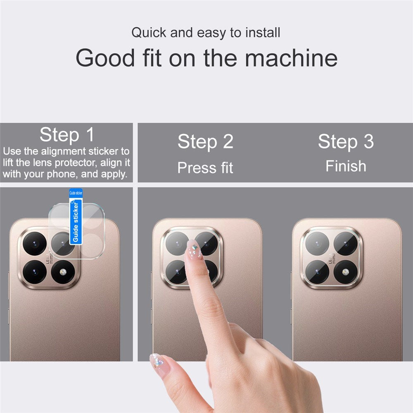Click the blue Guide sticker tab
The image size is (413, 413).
76,216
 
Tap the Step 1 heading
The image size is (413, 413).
67,135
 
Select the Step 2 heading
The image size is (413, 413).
205,142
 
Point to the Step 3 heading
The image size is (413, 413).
346,142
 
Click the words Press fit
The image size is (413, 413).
205,168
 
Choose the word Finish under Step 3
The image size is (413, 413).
346,166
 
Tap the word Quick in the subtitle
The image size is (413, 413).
150,33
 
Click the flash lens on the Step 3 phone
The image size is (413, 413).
345,272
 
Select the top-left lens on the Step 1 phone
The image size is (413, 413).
35,243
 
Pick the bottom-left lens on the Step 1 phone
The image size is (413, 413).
35,272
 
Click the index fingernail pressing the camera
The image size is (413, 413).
194,250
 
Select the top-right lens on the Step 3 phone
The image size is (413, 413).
345,243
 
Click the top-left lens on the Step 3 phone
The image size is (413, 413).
317,243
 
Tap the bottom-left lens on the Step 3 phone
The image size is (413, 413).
317,272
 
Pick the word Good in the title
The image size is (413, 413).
105,58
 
